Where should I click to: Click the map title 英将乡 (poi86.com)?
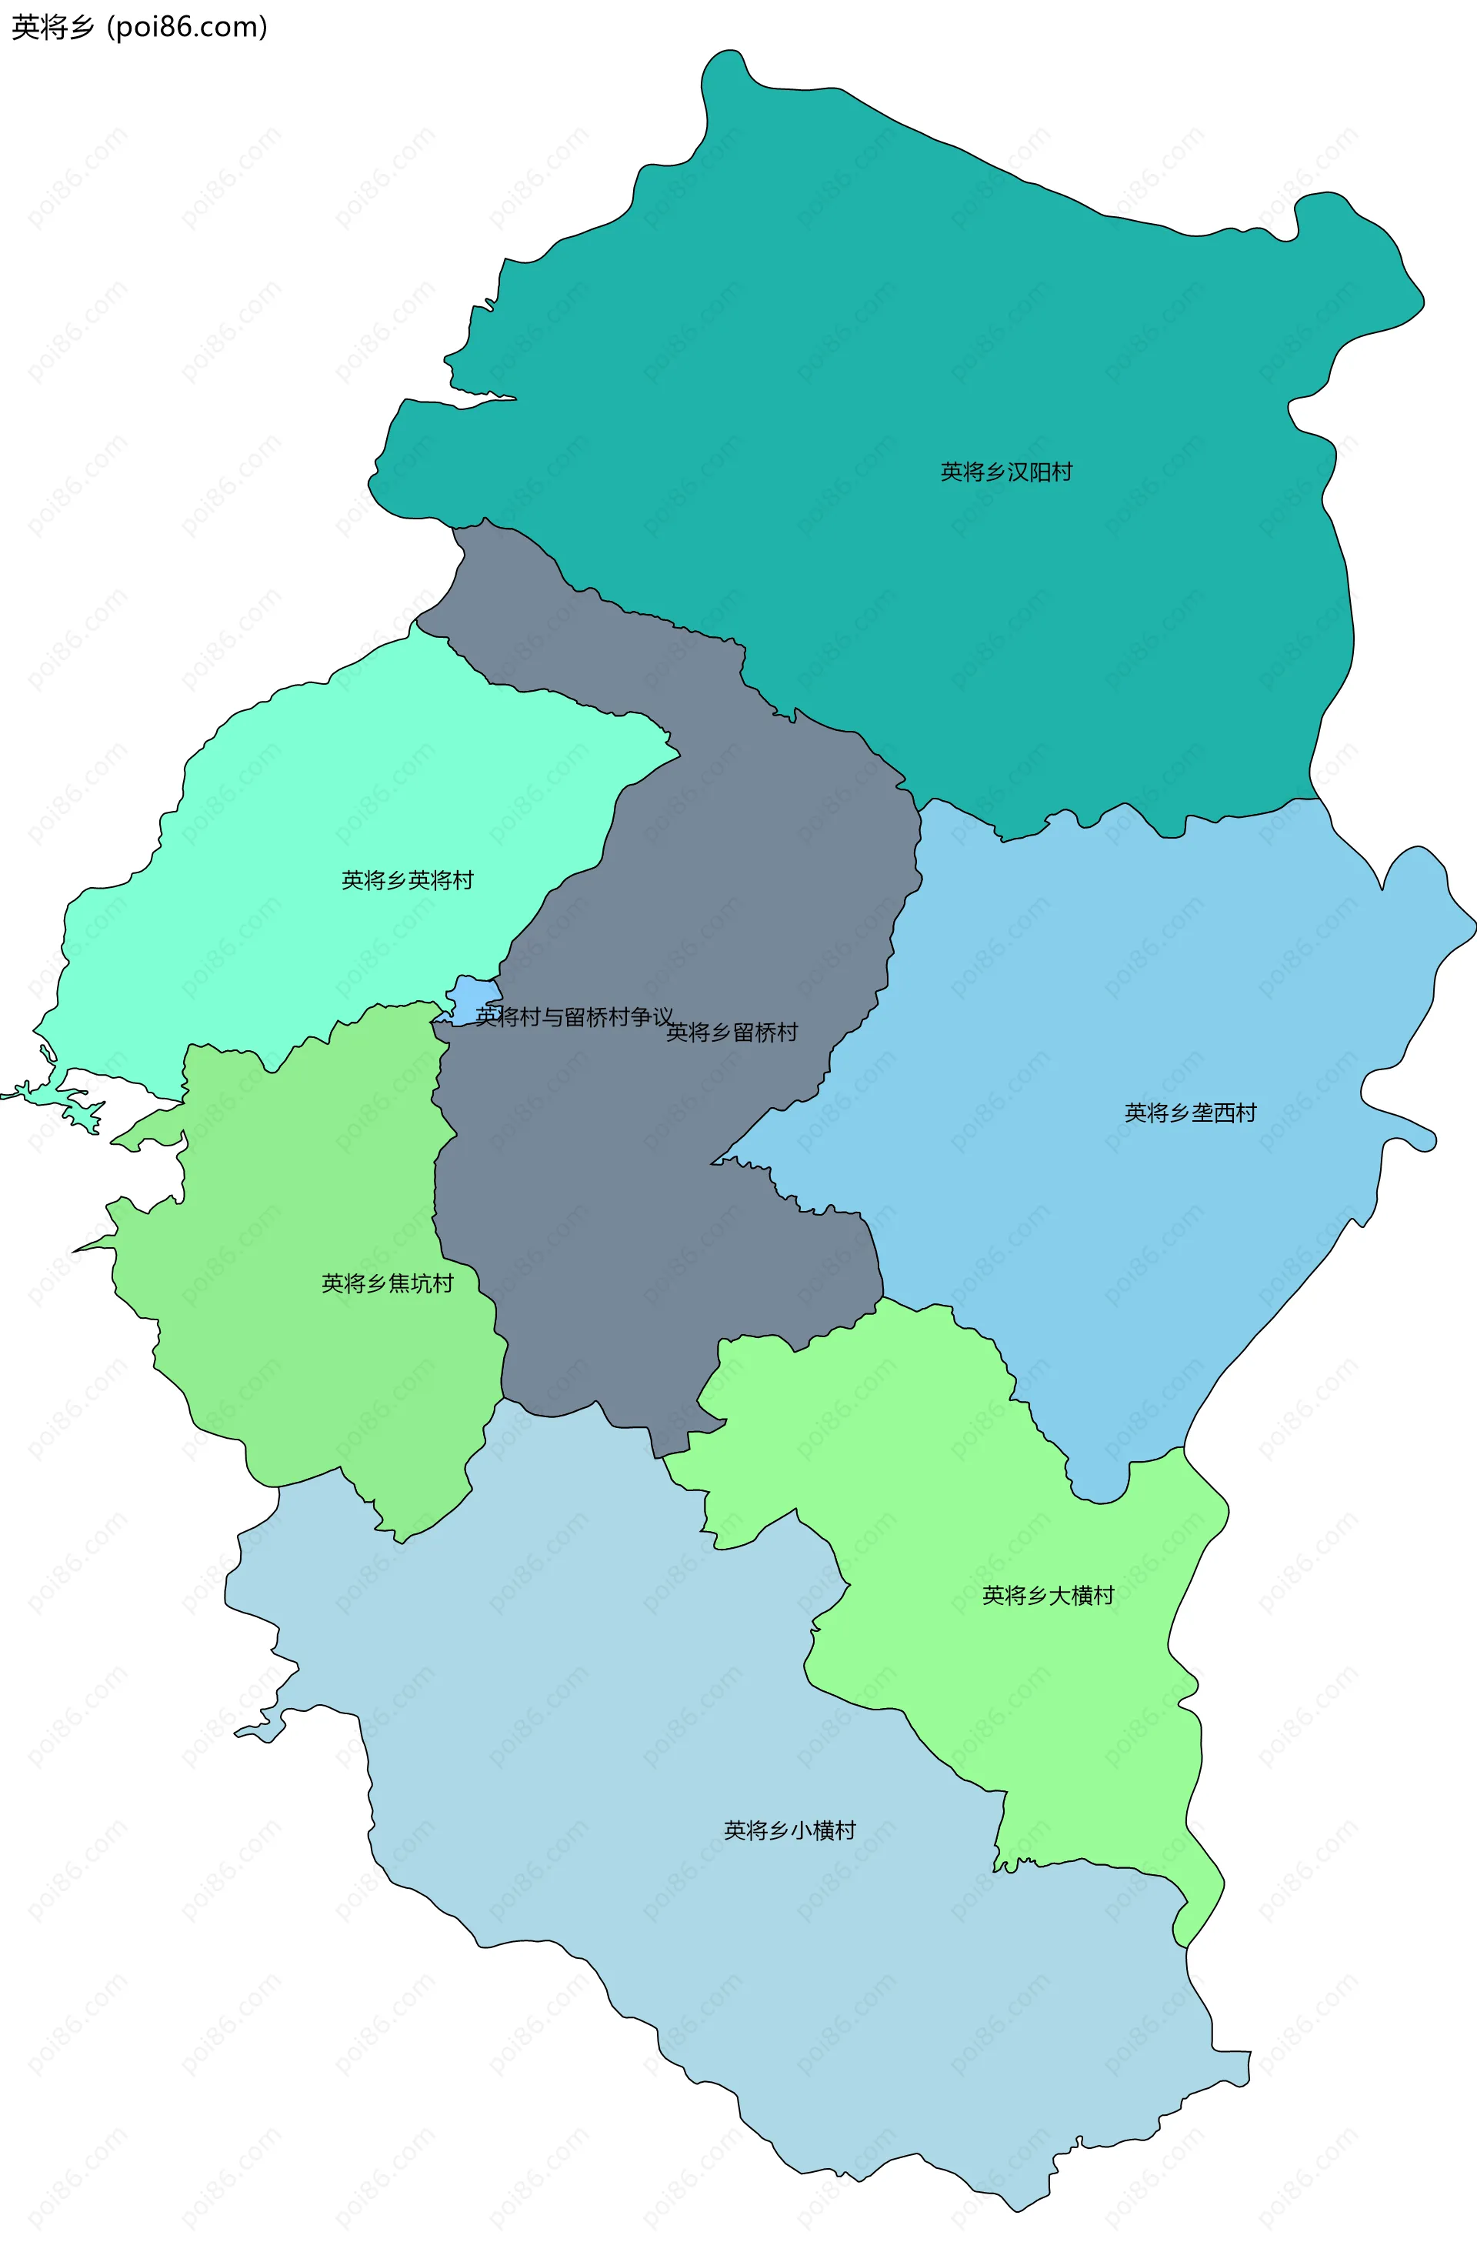(x=138, y=27)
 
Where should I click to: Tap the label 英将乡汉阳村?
(x=1005, y=472)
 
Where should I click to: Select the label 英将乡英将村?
(x=407, y=880)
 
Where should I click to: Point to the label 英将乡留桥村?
(x=731, y=1033)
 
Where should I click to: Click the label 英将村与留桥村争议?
(x=574, y=1017)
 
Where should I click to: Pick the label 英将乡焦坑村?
(x=387, y=1284)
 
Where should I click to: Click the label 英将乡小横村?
(x=789, y=1830)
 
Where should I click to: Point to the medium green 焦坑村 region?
(x=314, y=1378)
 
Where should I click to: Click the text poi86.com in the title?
(x=186, y=27)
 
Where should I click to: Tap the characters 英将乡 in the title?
(x=52, y=27)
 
